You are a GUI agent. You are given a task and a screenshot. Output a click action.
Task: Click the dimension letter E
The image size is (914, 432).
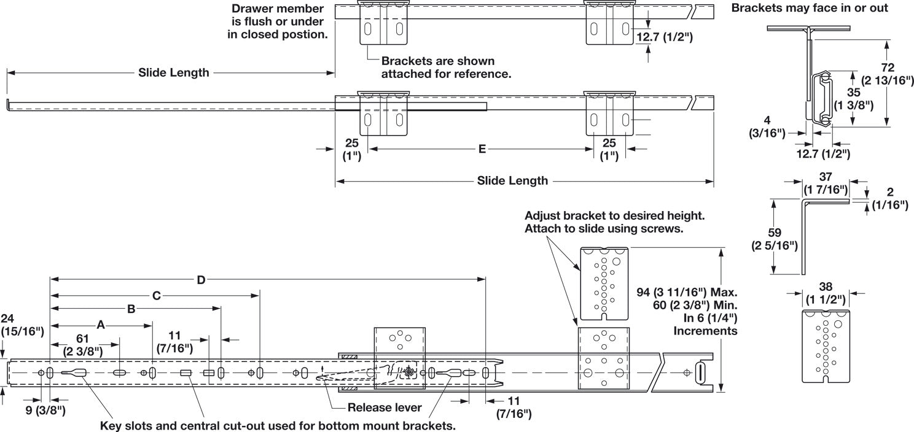pyautogui.click(x=482, y=148)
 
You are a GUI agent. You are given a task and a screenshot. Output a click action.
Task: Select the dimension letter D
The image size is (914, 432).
pyautogui.click(x=201, y=280)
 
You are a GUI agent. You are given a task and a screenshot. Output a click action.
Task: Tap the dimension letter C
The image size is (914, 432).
pyautogui.click(x=156, y=296)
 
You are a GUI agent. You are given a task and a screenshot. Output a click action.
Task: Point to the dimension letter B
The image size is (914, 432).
pyautogui.click(x=131, y=310)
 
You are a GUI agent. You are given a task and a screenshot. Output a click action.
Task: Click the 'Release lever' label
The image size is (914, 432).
pyautogui.click(x=384, y=407)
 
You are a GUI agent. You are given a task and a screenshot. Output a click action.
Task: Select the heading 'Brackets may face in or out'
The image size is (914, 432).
pyautogui.click(x=810, y=9)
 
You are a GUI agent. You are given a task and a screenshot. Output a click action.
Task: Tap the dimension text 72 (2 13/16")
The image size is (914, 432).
pyautogui.click(x=886, y=74)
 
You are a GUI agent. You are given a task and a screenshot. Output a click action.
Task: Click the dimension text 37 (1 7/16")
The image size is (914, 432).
pyautogui.click(x=826, y=182)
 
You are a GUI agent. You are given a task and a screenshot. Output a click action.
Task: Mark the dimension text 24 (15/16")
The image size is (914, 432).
pyautogui.click(x=21, y=325)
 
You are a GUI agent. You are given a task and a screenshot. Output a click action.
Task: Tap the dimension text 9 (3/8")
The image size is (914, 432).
pyautogui.click(x=45, y=407)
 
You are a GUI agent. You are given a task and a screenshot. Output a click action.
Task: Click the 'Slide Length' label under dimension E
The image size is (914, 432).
pyautogui.click(x=512, y=181)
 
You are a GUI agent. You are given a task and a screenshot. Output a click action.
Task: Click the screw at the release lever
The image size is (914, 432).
pyautogui.click(x=409, y=371)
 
